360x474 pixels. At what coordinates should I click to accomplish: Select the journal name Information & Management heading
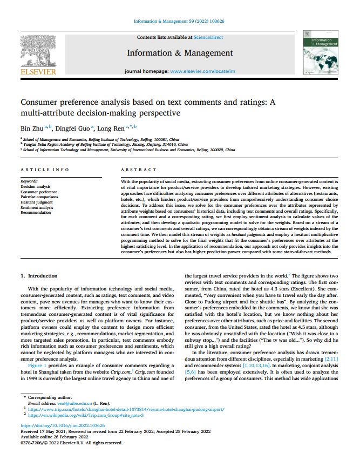point(180,53)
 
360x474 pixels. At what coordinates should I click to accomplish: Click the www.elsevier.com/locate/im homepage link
point(202,71)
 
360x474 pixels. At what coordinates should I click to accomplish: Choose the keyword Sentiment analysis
point(37,207)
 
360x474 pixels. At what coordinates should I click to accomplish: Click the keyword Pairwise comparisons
point(39,197)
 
